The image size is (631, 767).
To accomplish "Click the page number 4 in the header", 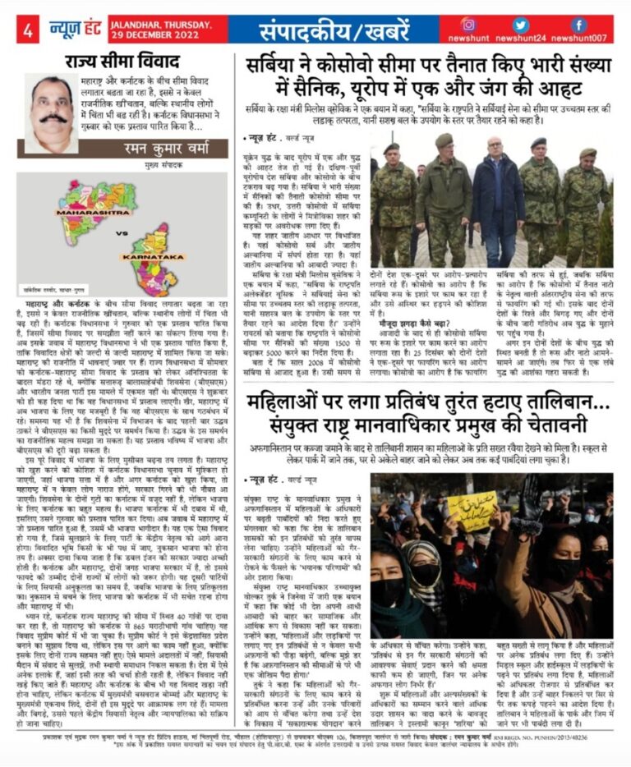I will [28, 30].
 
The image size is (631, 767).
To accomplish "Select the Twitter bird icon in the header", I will [521, 25].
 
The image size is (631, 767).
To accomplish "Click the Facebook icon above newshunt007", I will [579, 25].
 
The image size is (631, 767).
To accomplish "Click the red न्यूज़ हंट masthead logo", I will [77, 29].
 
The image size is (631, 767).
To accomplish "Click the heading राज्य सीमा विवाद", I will [124, 61].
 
